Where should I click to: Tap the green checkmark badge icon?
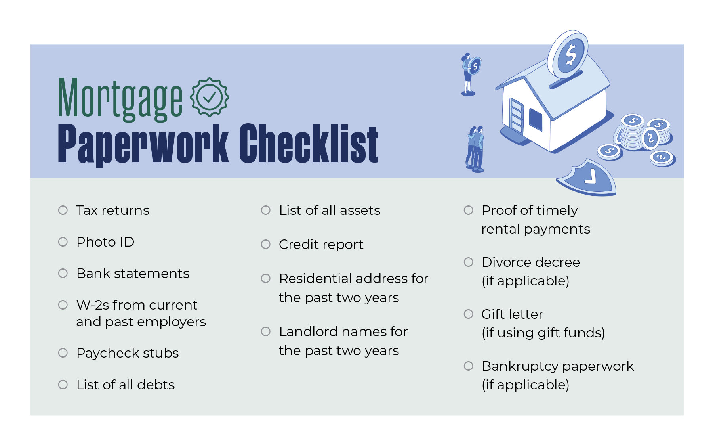210,97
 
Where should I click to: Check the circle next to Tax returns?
63,210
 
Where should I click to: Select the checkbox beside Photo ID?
63,242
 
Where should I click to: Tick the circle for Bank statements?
63,273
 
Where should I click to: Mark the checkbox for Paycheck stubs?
63,353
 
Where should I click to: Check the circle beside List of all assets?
266,210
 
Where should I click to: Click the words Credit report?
321,245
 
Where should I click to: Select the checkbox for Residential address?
266,278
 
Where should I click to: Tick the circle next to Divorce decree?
469,262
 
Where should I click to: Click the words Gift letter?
512,314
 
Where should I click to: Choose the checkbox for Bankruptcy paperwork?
469,366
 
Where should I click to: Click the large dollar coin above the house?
568,54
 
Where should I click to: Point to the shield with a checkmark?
587,178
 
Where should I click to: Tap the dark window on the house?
536,119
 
